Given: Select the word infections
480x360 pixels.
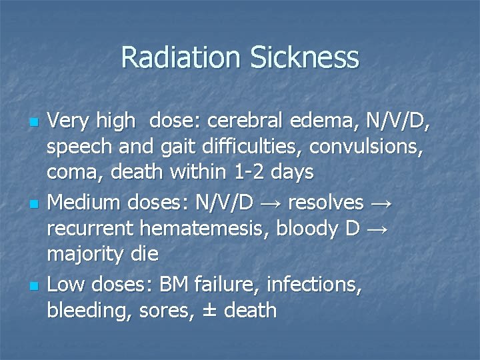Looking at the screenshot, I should point(314,285).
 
